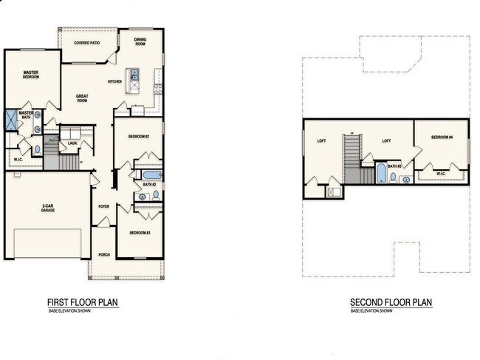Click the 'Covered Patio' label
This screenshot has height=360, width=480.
[x=88, y=43]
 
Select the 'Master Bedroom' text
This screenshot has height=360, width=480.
[x=30, y=74]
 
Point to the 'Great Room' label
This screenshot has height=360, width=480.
[x=83, y=98]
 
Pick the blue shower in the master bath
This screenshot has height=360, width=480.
[x=12, y=120]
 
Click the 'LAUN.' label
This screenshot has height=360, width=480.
[x=73, y=142]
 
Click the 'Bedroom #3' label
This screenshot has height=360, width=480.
[x=140, y=232]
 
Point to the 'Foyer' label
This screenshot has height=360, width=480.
[x=103, y=207]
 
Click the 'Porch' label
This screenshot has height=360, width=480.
[x=103, y=254]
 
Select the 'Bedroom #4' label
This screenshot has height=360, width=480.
[x=441, y=137]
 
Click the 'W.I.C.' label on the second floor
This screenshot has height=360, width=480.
[x=440, y=174]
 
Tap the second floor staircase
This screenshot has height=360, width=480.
[x=352, y=159]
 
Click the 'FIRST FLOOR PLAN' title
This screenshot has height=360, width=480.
[x=83, y=302]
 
